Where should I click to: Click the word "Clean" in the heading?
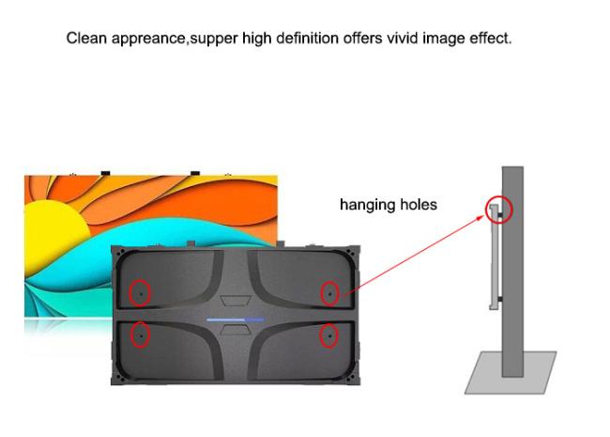tap(85, 39)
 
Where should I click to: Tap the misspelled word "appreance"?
tap(147, 39)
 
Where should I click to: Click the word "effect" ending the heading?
tap(489, 39)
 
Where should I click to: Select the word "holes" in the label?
tap(418, 204)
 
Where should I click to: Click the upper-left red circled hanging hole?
tap(140, 293)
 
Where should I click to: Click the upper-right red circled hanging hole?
tap(329, 293)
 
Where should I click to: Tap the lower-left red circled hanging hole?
tap(140, 334)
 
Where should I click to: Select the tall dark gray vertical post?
tap(512, 282)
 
